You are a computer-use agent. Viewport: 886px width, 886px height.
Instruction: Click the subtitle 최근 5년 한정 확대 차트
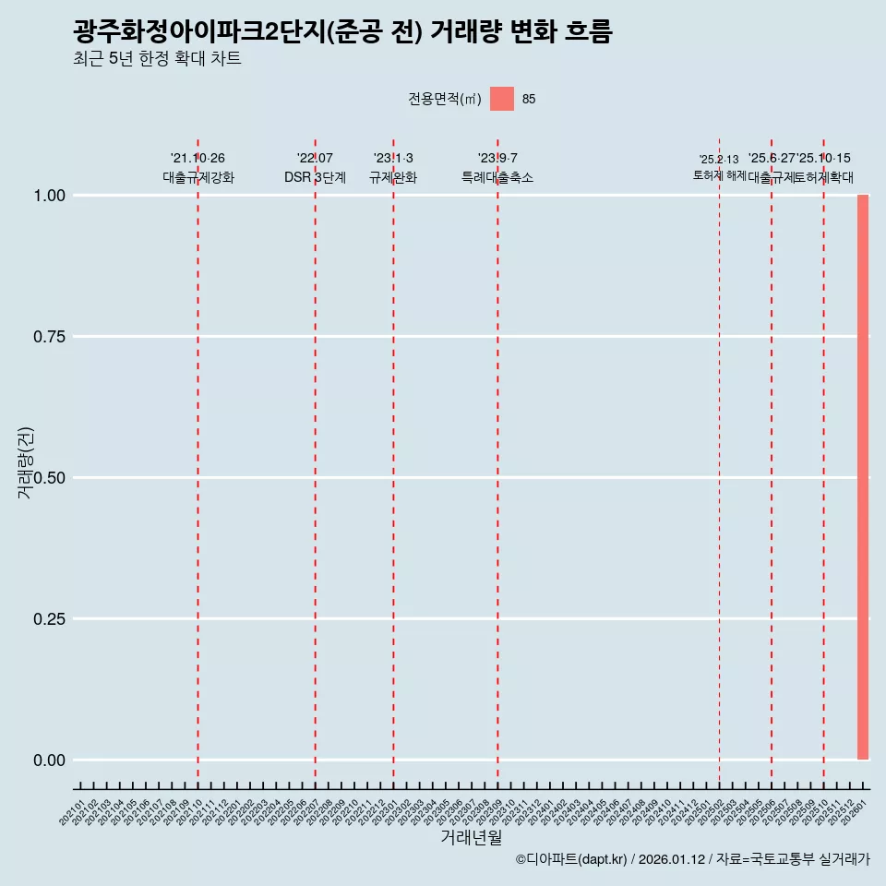157,60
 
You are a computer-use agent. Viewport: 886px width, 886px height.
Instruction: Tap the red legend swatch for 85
501,99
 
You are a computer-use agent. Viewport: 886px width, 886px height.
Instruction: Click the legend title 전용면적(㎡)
445,100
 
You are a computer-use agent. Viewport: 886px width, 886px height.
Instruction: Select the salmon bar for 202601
863,477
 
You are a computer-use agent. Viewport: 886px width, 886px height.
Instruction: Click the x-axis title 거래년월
471,838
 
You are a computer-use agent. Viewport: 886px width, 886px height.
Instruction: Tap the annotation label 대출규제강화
198,178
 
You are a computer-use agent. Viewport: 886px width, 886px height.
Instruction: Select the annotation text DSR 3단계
315,178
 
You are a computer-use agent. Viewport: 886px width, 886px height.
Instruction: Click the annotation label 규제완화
393,178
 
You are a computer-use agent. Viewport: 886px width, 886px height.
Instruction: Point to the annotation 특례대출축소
497,178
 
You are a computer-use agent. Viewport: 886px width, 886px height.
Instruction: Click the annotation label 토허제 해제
719,175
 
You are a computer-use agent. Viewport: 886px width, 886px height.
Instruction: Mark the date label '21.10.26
198,159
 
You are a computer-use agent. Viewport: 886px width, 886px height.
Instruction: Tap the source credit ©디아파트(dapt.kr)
572,860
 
